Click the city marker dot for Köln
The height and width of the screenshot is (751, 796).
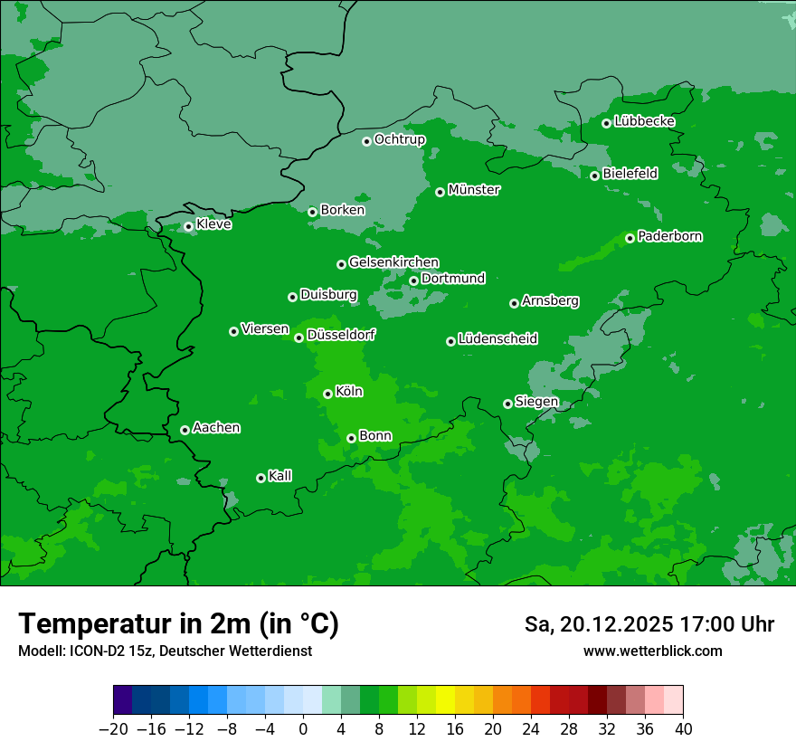click(327, 394)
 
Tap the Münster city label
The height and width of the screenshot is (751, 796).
click(474, 190)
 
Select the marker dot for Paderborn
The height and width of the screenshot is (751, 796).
click(630, 238)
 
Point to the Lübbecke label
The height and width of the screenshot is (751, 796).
click(644, 121)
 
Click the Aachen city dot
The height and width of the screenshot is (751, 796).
click(185, 430)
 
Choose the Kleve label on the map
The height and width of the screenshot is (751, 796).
click(213, 224)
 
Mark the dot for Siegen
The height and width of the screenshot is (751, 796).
click(507, 404)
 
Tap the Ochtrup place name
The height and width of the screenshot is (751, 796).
click(399, 139)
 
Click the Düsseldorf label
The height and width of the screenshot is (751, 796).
click(340, 335)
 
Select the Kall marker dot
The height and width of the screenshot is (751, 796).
click(261, 478)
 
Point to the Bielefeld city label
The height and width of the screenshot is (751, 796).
click(630, 173)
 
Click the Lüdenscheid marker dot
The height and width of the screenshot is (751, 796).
click(450, 341)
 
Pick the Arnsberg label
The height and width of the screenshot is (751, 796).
click(550, 300)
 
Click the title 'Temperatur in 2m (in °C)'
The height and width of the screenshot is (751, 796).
click(178, 623)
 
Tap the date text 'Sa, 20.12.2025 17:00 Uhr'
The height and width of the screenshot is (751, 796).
click(649, 624)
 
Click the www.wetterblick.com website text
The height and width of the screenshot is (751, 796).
click(652, 651)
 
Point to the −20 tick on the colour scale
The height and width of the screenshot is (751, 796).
click(113, 729)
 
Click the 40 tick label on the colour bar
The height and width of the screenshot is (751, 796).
click(683, 729)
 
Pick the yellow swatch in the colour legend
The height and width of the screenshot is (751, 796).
click(445, 700)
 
